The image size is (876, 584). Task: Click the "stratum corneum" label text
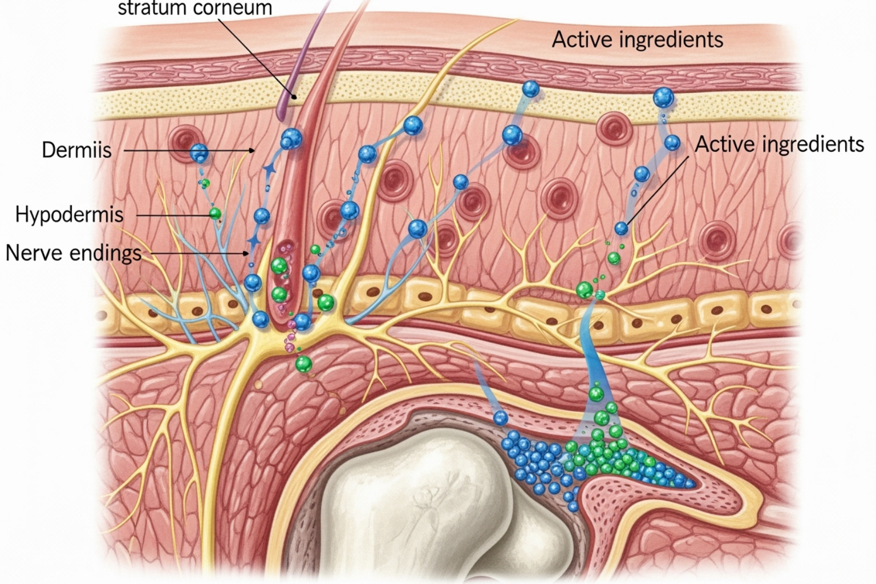tap(194, 8)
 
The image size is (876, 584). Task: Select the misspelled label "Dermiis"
tap(76, 150)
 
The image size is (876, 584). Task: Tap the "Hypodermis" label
tap(69, 214)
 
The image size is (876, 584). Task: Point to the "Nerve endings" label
tap(73, 252)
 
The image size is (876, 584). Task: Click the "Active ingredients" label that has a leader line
tap(779, 144)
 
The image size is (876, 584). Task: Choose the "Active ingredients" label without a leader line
tap(637, 40)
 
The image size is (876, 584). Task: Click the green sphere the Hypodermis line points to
tap(215, 214)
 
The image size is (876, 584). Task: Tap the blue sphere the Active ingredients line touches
tap(621, 229)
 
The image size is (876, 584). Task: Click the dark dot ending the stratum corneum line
tap(295, 96)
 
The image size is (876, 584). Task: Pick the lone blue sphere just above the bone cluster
tap(500, 418)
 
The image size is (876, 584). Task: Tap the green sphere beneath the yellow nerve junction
tap(303, 363)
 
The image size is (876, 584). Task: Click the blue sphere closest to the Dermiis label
tap(199, 152)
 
